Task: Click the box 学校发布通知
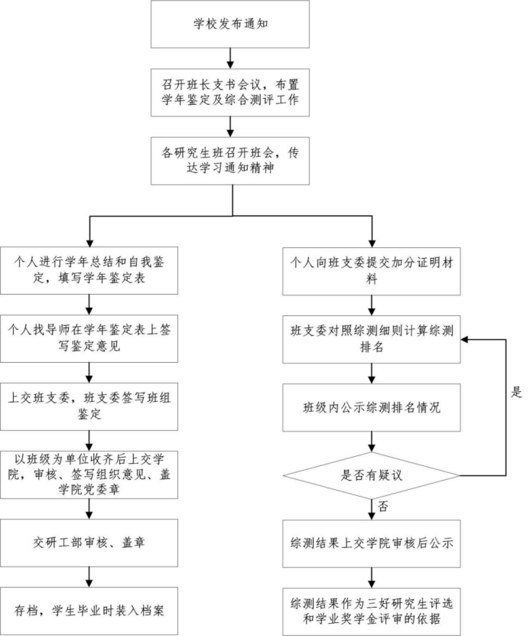(230, 24)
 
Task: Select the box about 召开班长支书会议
(230, 93)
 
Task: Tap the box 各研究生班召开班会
(230, 161)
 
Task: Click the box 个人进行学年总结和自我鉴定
(89, 270)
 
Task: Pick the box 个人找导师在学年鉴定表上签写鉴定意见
(89, 338)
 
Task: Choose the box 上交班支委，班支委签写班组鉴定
(89, 406)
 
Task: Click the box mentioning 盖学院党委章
(89, 475)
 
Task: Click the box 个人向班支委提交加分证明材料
(372, 270)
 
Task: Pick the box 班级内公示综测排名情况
(372, 406)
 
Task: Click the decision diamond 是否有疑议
(372, 475)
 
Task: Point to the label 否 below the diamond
(382, 506)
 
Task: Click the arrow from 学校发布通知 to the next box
(230, 57)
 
